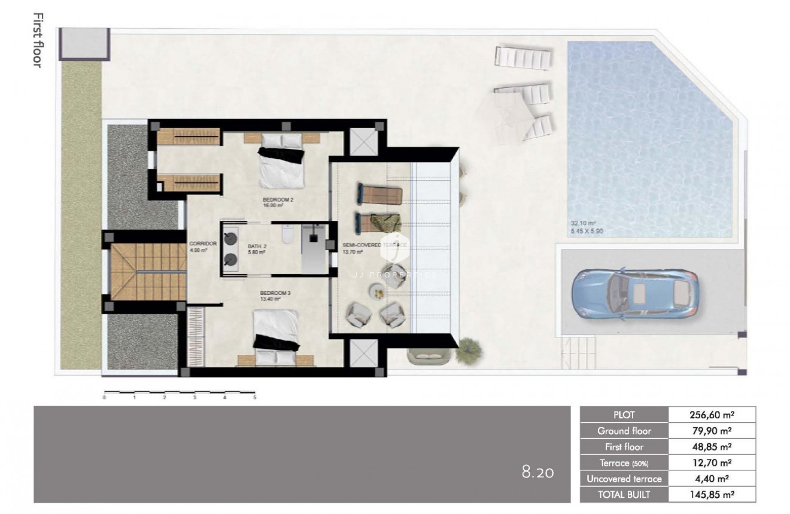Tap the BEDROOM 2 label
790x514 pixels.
278,199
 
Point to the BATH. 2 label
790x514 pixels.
256,245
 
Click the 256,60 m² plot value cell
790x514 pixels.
711,415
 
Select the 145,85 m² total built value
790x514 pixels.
711,494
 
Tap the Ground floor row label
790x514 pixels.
624,431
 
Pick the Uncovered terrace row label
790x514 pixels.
624,479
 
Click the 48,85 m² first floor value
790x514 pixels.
711,447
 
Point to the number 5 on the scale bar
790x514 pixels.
254,397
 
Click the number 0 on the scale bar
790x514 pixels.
105,397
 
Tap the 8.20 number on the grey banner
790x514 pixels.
537,473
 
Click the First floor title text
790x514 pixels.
37,40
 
